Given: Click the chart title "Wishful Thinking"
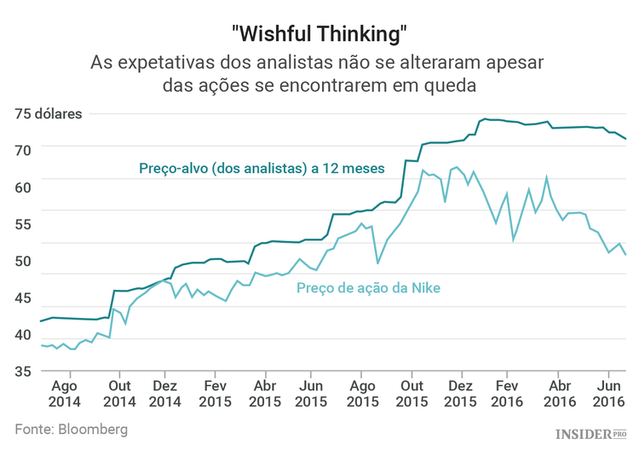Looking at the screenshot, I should click(319, 34).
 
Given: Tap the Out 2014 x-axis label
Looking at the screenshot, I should click(119, 391).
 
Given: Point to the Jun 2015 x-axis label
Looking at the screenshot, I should click(311, 391).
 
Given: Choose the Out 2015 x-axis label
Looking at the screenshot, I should click(412, 391).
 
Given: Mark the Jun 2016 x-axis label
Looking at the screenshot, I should click(608, 391).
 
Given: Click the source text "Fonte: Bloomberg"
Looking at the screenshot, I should click(72, 429).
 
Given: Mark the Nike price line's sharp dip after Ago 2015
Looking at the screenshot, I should click(377, 262).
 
